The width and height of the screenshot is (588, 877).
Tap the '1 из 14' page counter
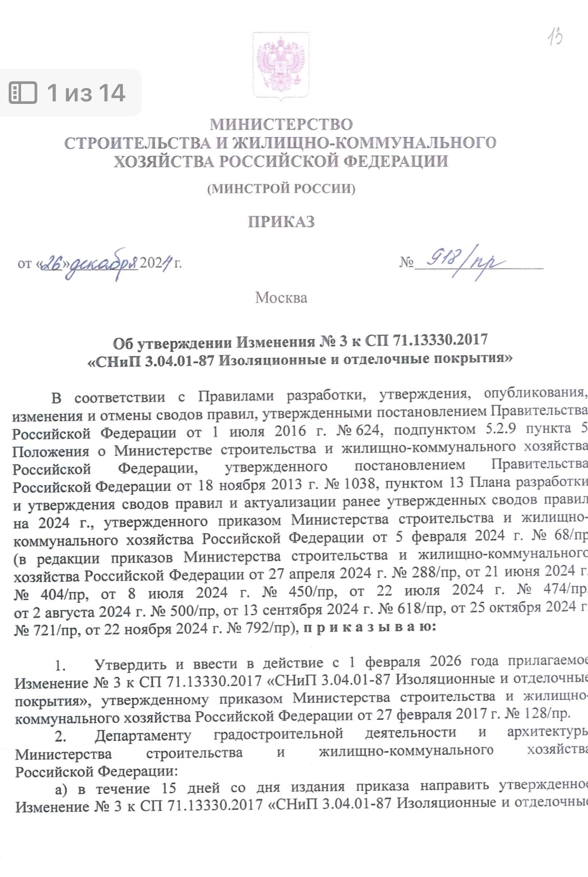[86, 93]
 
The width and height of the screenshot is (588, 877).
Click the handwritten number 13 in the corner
[554, 37]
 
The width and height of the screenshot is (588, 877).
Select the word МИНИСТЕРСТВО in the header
[281, 124]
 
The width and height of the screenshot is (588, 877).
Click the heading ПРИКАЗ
[281, 222]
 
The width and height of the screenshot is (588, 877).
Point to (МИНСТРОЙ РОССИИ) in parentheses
[281, 188]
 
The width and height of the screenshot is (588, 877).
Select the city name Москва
[281, 297]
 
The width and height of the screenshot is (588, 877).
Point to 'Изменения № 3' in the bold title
[277, 341]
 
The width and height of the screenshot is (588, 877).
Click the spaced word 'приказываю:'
[369, 627]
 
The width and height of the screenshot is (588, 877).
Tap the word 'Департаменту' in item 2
[143, 735]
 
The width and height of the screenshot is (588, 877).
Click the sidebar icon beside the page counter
[24, 93]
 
